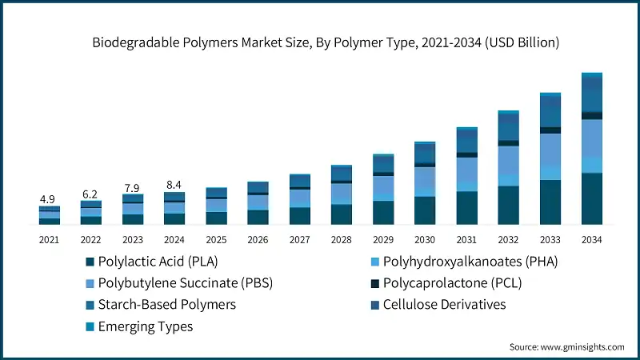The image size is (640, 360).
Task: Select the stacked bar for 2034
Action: coord(591,149)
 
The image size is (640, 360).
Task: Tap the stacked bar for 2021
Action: coord(50,215)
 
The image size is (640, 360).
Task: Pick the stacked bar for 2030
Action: coord(425,183)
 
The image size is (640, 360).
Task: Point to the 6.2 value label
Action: coord(91,194)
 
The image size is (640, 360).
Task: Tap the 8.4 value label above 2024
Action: coord(174,185)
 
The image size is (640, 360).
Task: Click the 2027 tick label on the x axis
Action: coord(300,239)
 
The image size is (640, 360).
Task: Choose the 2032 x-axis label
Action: coord(508,239)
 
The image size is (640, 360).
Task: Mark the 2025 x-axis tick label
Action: coord(216,239)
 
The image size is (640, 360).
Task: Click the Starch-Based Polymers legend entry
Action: coord(166,305)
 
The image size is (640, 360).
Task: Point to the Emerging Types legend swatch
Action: coord(90,326)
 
